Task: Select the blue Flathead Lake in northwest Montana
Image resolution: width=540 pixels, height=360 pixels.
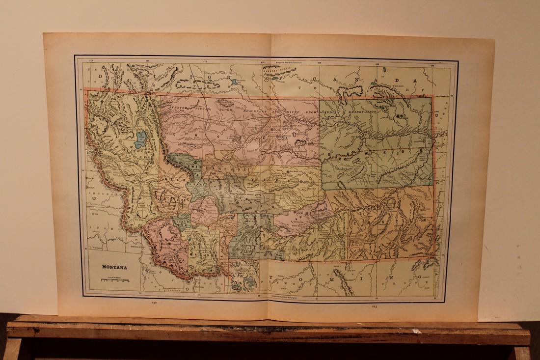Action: click(x=141, y=139)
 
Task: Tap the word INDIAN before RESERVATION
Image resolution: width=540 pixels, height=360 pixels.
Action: click(x=333, y=114)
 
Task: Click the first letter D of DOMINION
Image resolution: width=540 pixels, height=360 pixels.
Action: click(x=100, y=77)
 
